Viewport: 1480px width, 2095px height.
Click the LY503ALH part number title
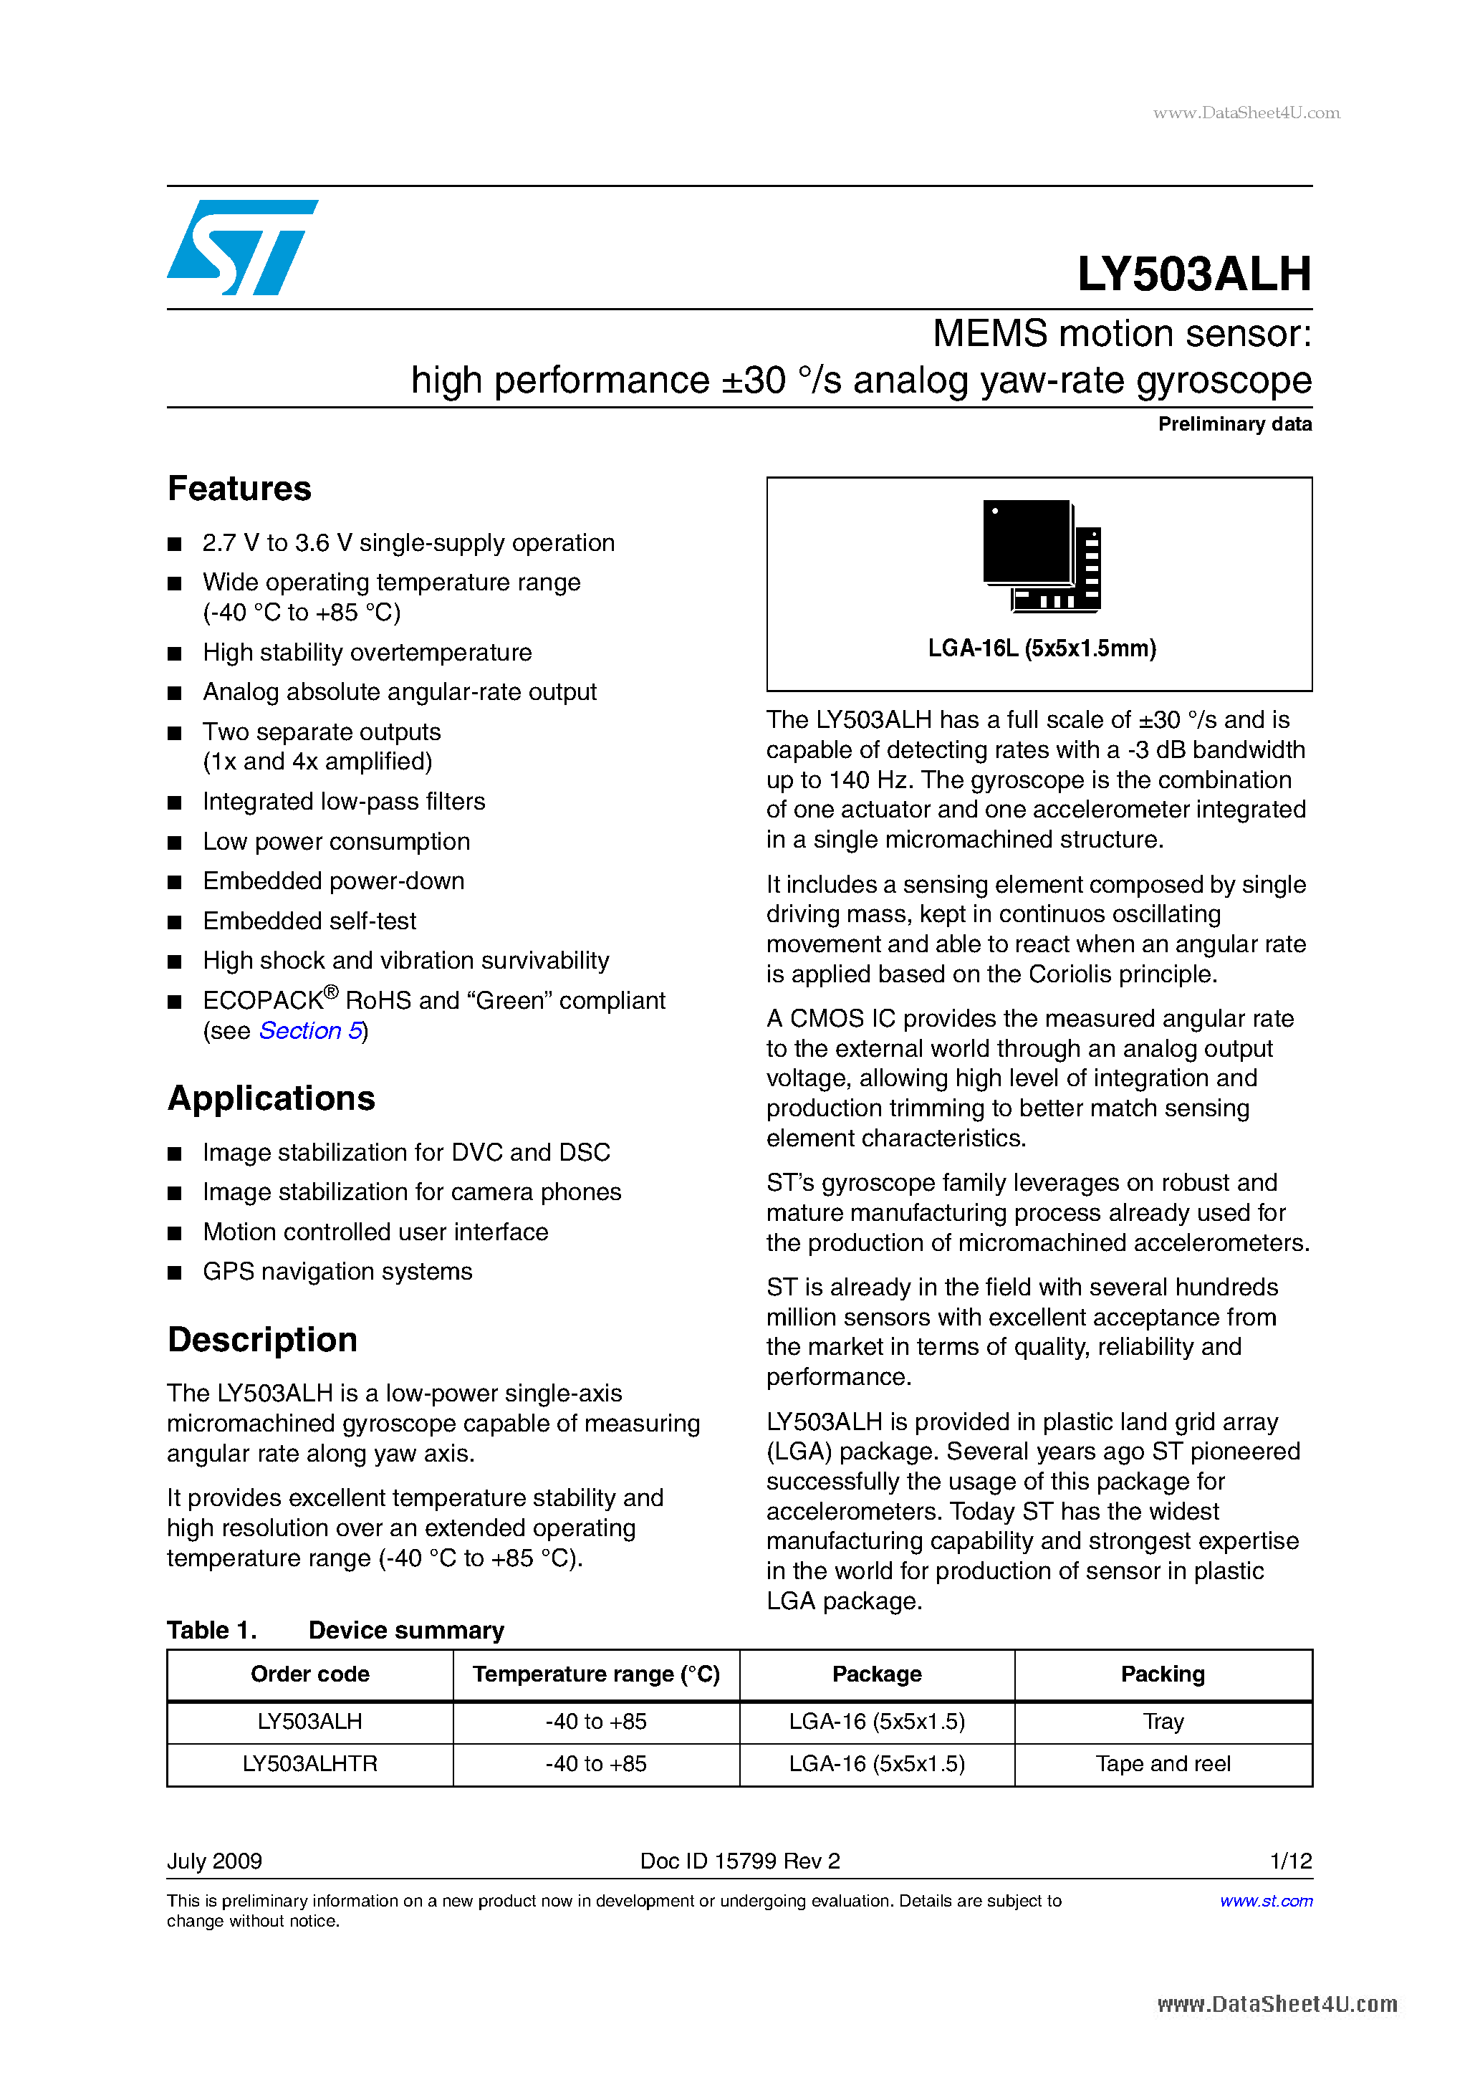(x=1193, y=274)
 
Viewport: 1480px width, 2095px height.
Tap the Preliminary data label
(x=1234, y=424)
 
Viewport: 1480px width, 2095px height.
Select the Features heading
(x=239, y=489)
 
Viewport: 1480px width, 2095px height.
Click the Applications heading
(x=271, y=1098)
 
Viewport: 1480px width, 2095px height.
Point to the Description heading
(x=262, y=1340)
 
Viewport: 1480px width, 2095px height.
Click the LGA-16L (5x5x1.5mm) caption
(x=1041, y=648)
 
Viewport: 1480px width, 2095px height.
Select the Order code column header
(x=309, y=1674)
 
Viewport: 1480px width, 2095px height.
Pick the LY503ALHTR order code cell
(x=309, y=1764)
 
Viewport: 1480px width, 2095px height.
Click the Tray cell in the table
(x=1163, y=1722)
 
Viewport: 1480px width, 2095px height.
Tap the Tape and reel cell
(x=1163, y=1764)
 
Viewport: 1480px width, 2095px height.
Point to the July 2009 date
(x=214, y=1861)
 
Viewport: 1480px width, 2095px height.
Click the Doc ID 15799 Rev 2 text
(x=739, y=1861)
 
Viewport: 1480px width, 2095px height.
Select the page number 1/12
(x=1290, y=1861)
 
